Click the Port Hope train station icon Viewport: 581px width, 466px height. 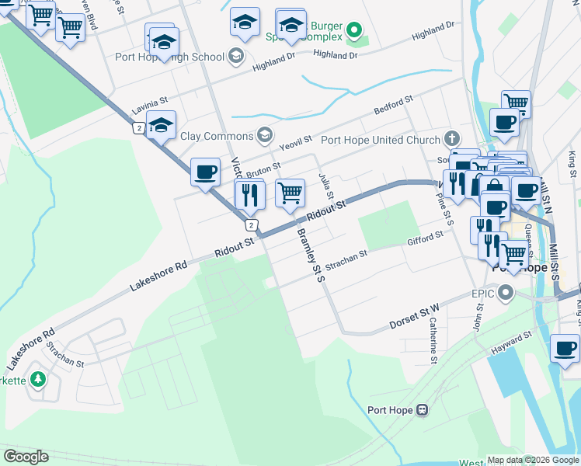pos(422,410)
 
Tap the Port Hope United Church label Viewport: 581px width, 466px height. pos(380,141)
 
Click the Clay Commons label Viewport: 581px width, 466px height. pos(217,136)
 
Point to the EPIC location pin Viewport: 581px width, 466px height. pos(506,294)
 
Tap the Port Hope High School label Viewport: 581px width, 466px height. pos(169,57)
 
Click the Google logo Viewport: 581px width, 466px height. pos(26,456)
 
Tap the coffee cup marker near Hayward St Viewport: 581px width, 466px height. pos(565,349)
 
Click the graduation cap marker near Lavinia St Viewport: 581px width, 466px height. pos(161,125)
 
